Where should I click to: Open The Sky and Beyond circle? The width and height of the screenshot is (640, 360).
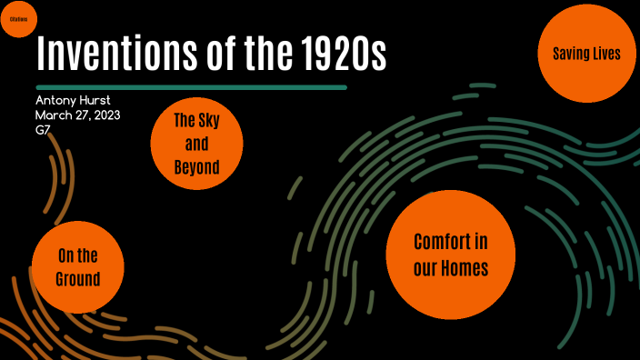196,144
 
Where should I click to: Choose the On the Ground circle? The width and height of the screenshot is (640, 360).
77,266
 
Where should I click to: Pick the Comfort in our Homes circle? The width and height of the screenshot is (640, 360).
450,255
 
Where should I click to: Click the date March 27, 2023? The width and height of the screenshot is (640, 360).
78,115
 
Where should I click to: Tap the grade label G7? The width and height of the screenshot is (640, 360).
44,130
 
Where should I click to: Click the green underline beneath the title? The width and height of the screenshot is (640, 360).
192,87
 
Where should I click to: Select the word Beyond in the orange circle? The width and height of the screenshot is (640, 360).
196,167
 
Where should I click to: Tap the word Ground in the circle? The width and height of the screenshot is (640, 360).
77,278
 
